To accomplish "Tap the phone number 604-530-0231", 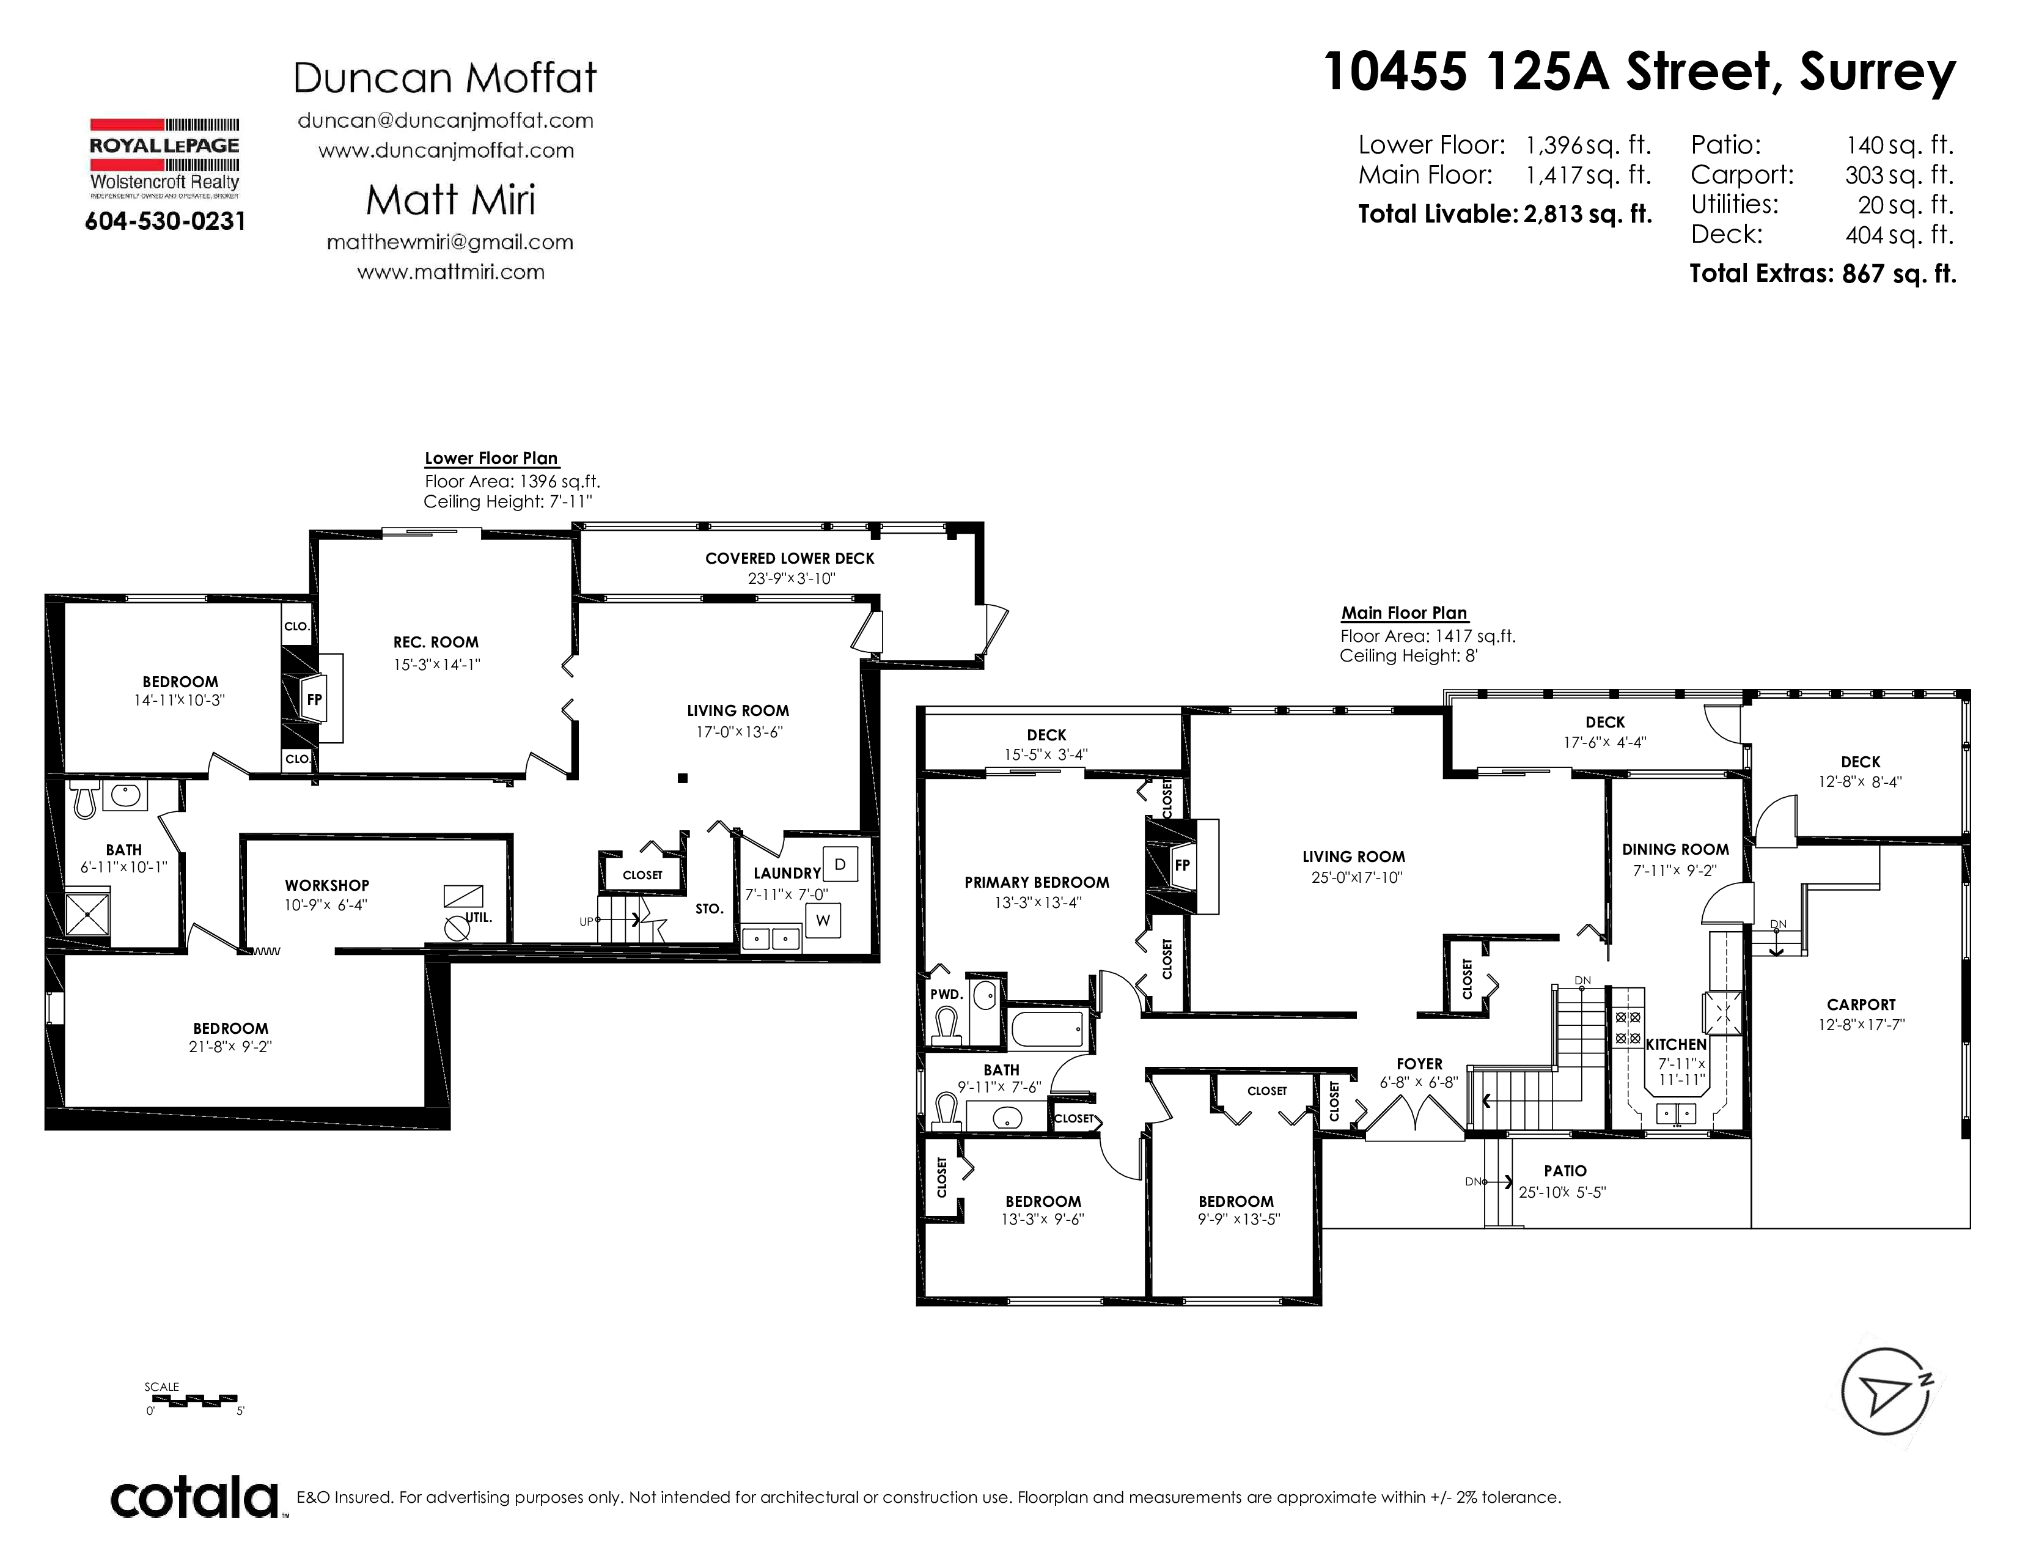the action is [x=165, y=222].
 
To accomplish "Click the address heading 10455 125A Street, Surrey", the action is [x=1639, y=72].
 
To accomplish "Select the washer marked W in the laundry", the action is [x=823, y=920].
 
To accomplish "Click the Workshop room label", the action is [x=327, y=885].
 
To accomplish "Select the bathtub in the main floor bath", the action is [x=1046, y=1027].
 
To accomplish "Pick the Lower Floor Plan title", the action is [x=491, y=458].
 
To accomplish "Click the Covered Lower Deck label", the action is [x=790, y=558].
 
